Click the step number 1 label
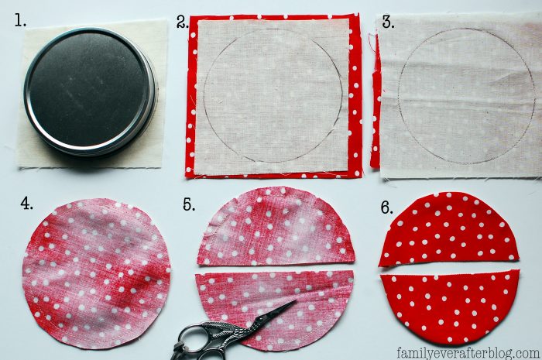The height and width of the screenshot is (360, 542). pos(19,21)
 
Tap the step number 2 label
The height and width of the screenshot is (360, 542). pos(183,22)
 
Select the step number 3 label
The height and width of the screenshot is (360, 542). pos(388,22)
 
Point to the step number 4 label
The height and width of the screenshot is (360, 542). pos(26,203)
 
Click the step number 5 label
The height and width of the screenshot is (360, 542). pos(189,204)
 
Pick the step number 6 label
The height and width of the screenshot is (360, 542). pos(387,207)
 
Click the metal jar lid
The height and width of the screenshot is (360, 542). pos(90,91)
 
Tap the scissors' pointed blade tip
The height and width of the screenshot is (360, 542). pos(296,300)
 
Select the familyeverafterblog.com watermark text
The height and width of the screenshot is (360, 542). pos(468,353)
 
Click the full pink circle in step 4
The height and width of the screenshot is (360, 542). pos(96,273)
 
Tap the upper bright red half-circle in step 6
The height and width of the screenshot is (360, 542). pos(449,230)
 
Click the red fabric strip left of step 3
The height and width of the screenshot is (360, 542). pos(375,104)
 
